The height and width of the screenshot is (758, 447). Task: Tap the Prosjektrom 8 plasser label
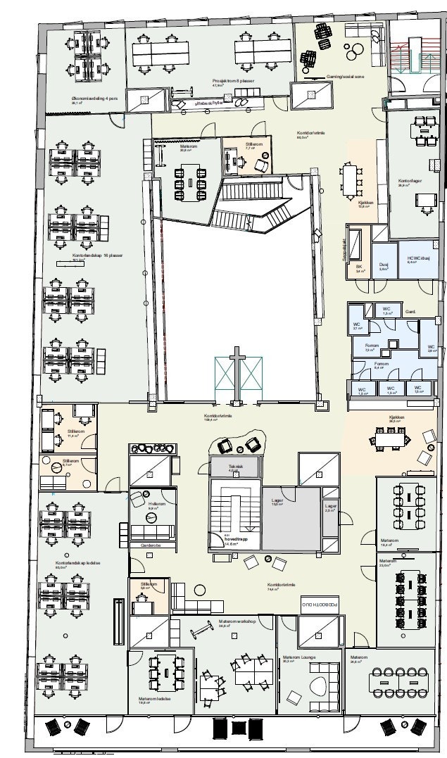click(233, 81)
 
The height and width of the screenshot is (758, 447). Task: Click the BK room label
click(358, 267)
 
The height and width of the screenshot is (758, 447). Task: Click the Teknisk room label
click(236, 466)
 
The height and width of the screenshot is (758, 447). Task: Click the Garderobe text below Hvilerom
click(151, 545)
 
